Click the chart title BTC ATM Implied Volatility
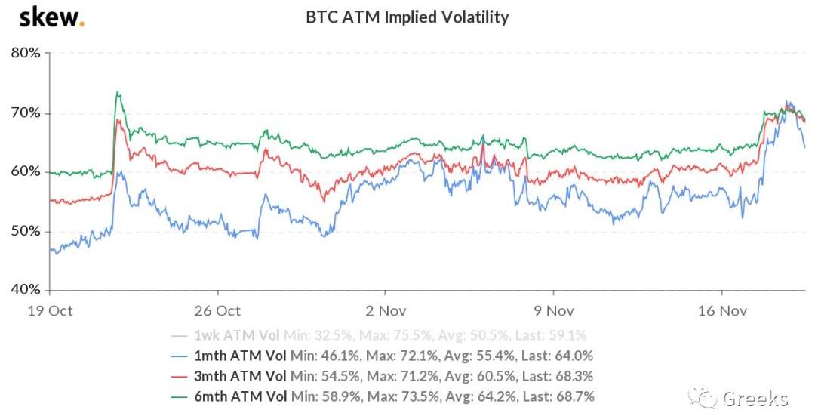pos(407,17)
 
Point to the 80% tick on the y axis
pos(26,54)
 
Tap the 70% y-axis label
pos(26,113)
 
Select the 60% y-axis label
pos(26,172)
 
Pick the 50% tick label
pos(26,231)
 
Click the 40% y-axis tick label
pos(26,290)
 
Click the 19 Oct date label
pos(50,310)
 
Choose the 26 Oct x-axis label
pos(217,310)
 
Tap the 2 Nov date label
pos(385,310)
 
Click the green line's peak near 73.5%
pos(117,93)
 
